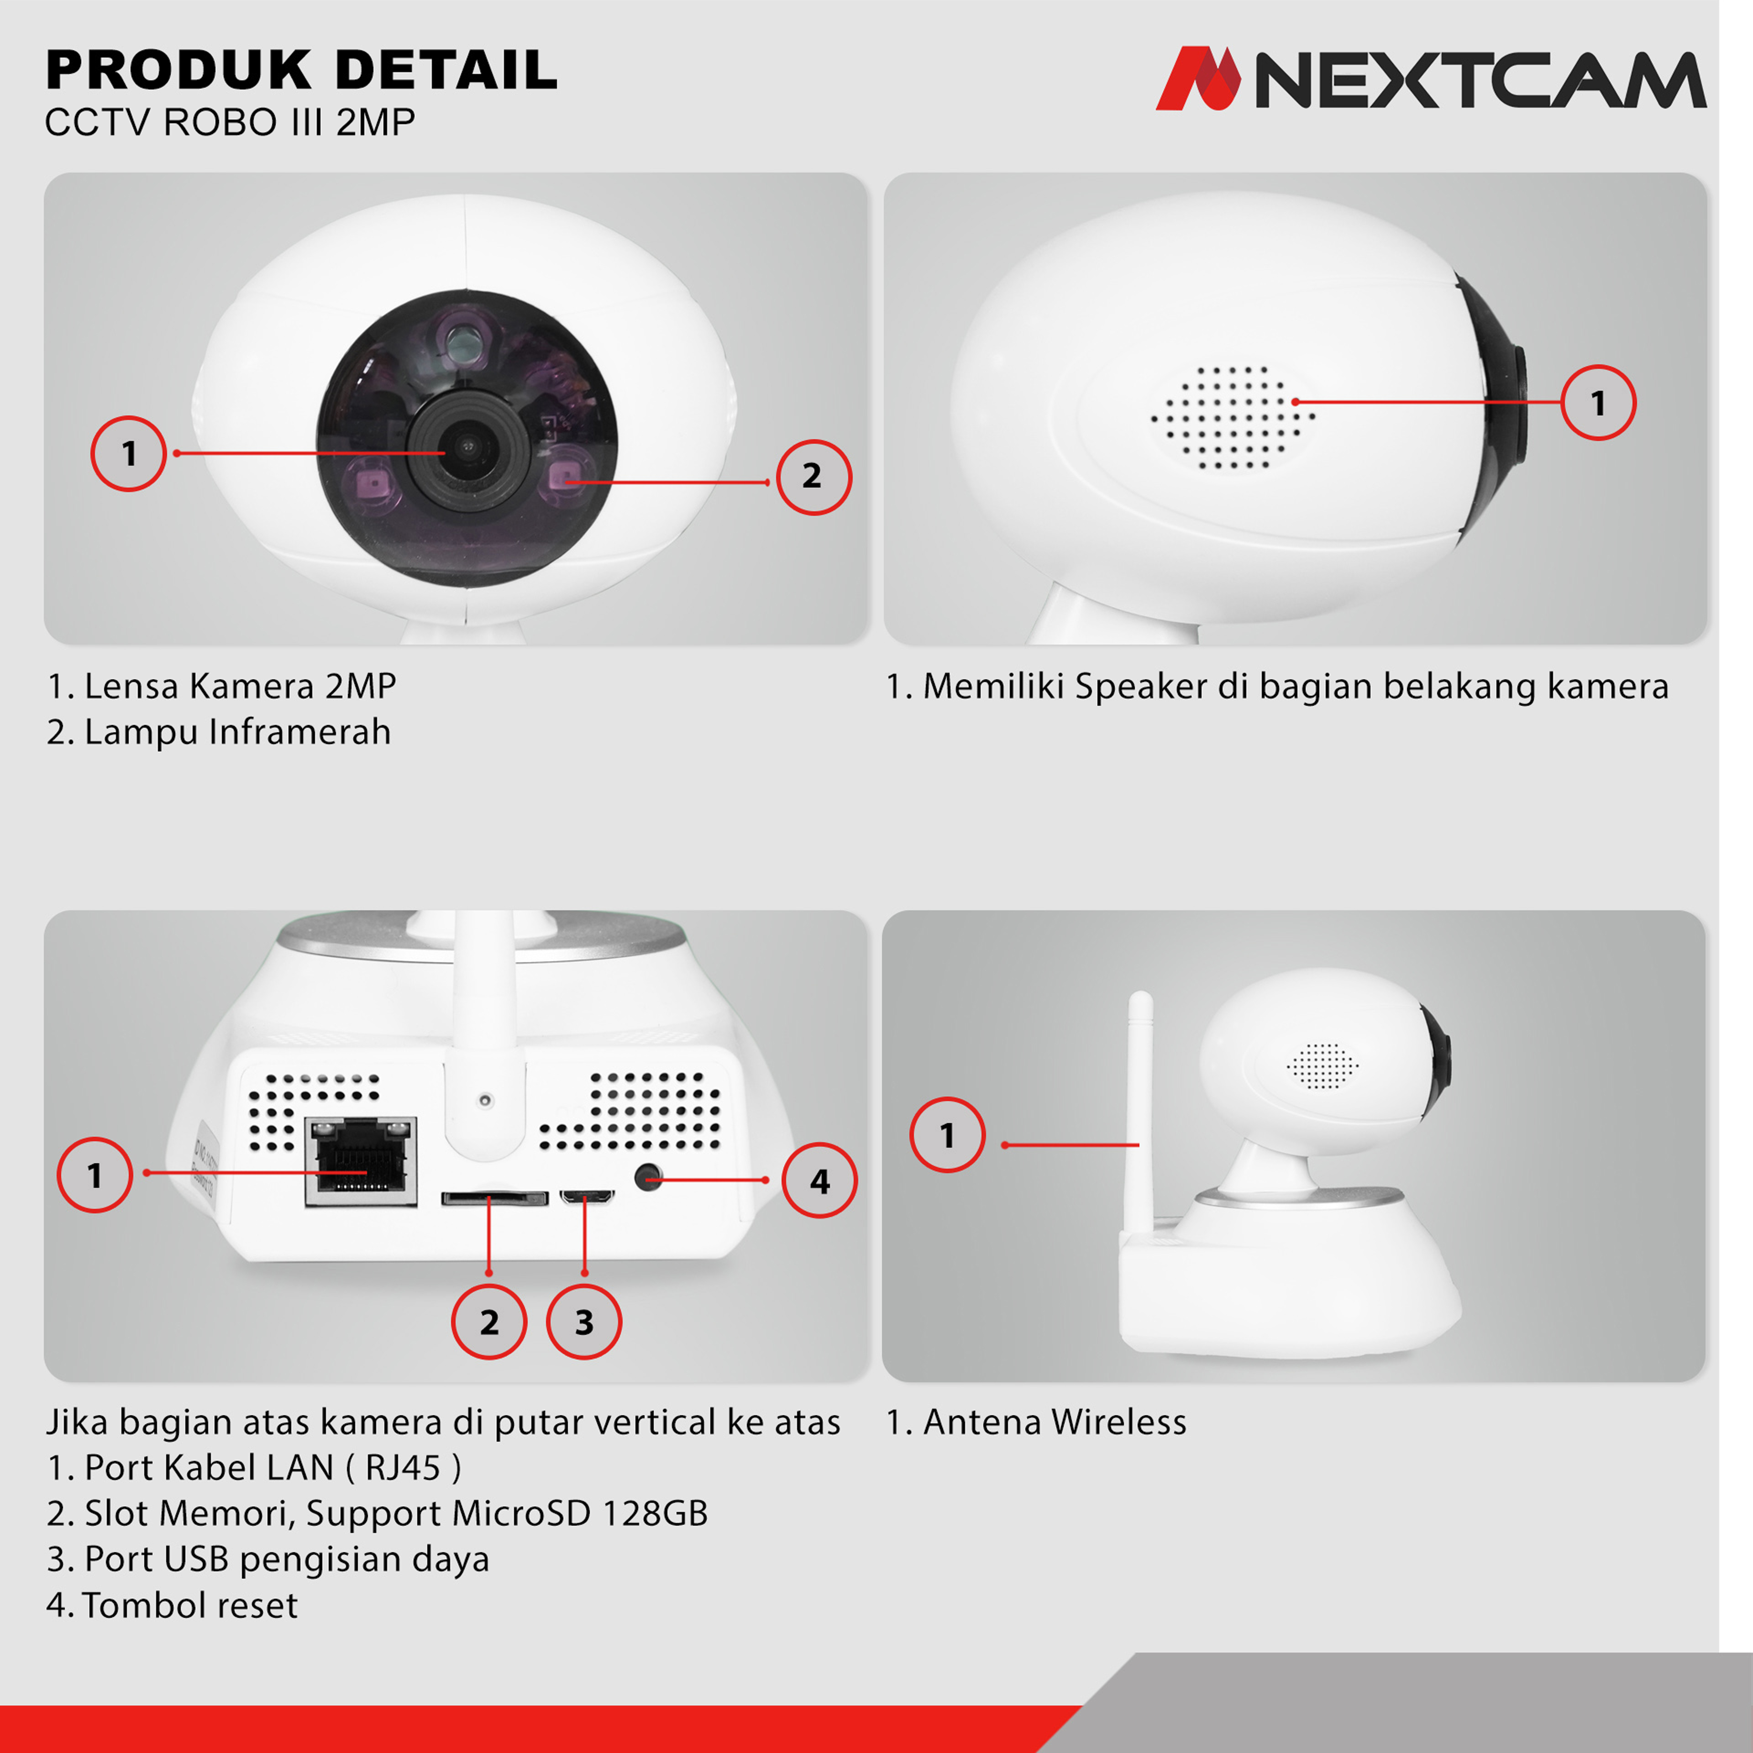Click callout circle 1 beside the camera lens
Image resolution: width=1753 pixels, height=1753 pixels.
point(129,454)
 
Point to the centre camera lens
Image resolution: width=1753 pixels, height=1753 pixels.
point(467,447)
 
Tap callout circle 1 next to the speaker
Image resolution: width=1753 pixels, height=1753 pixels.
point(1599,403)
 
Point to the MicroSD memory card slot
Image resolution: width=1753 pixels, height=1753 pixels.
point(494,1199)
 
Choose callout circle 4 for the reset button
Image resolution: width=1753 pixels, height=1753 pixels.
point(819,1181)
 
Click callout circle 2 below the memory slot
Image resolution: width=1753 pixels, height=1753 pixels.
point(489,1322)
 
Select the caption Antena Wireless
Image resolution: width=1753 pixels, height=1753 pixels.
point(1036,1422)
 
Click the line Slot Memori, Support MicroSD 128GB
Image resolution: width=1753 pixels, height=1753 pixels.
point(378,1512)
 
